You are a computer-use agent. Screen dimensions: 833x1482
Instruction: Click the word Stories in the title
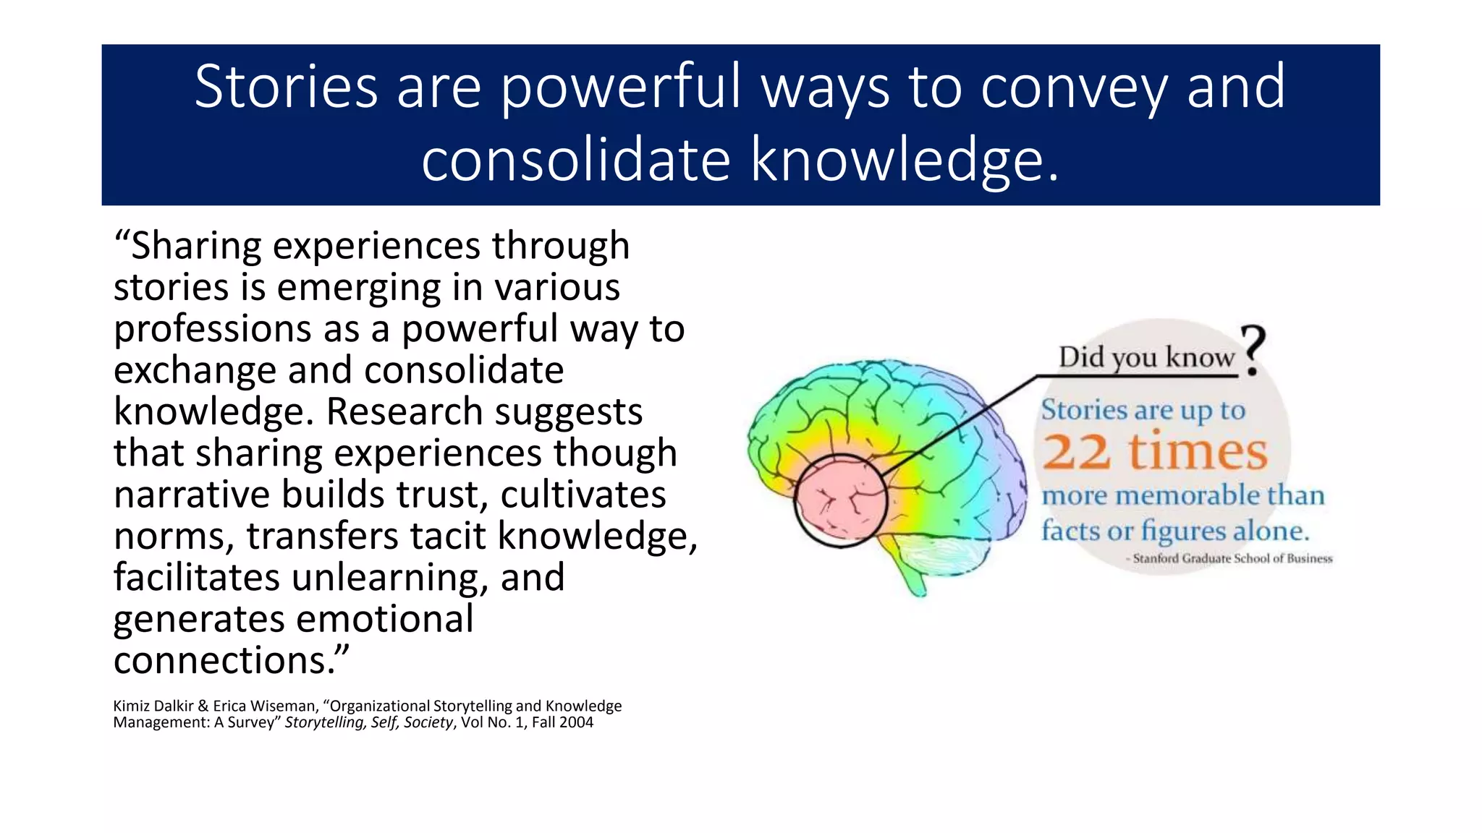pyautogui.click(x=286, y=87)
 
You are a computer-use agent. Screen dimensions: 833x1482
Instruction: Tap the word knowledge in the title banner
pyautogui.click(x=905, y=161)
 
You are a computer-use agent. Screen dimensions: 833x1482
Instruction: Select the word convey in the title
pyautogui.click(x=1074, y=88)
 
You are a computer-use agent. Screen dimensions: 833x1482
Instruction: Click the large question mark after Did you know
pyautogui.click(x=1253, y=349)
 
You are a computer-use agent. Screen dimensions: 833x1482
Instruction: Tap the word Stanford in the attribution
pyautogui.click(x=1156, y=558)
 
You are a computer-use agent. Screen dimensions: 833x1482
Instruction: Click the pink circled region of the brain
pyautogui.click(x=840, y=500)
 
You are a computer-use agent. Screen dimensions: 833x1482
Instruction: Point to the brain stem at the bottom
pyautogui.click(x=913, y=578)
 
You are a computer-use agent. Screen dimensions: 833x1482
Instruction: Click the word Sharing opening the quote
pyautogui.click(x=196, y=246)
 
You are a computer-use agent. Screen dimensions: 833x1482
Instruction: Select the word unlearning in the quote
pyautogui.click(x=390, y=578)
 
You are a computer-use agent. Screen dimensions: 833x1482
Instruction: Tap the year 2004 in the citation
pyautogui.click(x=577, y=722)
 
